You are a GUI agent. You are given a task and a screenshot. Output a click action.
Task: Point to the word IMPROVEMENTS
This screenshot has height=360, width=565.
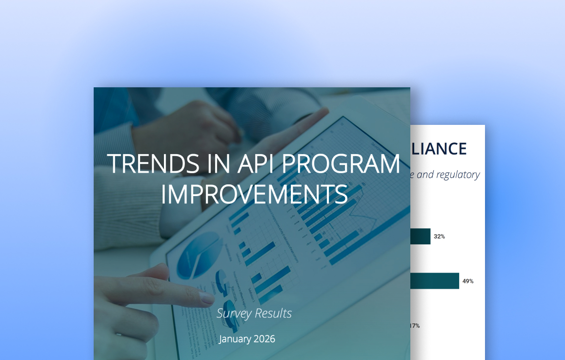coord(254,194)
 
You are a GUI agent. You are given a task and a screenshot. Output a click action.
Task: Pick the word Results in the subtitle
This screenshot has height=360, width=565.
coord(275,313)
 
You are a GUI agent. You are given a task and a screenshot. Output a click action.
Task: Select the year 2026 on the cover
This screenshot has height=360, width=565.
coord(265,339)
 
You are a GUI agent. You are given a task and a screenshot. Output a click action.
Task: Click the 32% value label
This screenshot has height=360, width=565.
coord(439,237)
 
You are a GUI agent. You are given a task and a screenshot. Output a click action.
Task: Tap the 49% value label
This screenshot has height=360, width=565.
coord(467,281)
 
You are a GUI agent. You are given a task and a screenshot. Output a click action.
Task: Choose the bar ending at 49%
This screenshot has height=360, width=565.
coord(434,281)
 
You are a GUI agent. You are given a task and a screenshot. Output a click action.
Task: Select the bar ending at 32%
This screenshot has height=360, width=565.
coord(420,237)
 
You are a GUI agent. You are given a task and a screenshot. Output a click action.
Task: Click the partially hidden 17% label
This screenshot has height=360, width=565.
coord(415,325)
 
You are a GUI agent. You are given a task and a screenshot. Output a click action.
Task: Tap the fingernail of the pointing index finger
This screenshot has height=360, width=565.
coord(207,298)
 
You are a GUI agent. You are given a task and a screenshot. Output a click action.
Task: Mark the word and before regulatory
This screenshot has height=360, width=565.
coord(425,175)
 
